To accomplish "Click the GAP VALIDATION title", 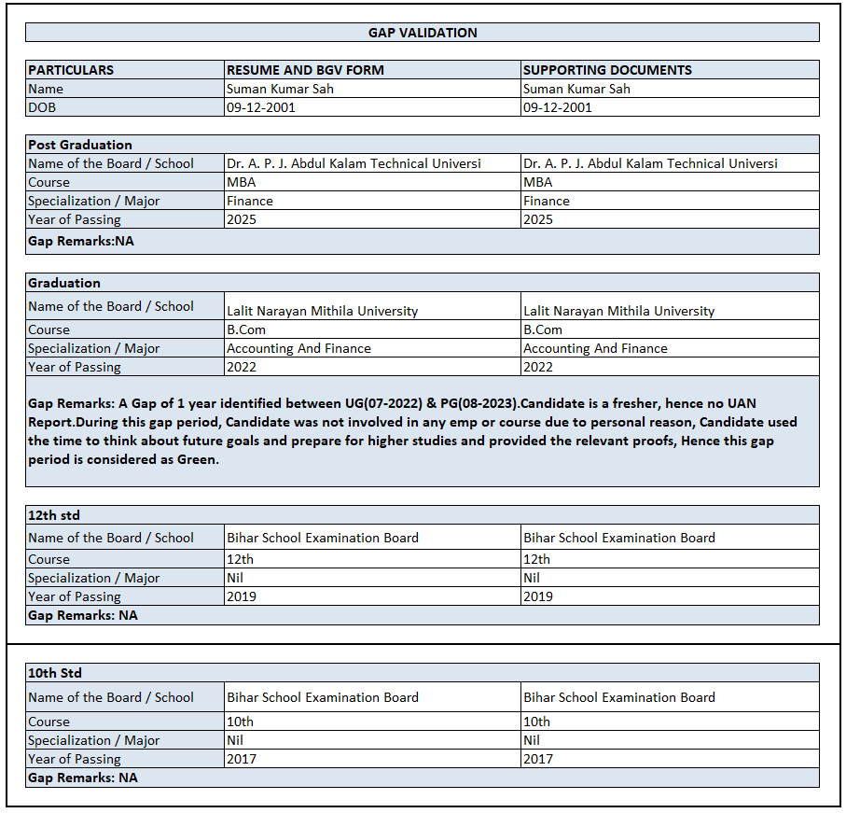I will point(423,33).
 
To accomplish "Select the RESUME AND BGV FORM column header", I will point(305,70).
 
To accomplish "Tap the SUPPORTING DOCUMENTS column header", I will point(607,70).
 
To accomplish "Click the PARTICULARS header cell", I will point(71,70).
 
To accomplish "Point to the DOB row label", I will point(42,107).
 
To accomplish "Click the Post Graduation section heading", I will point(80,145).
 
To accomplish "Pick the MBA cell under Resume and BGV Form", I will point(242,182).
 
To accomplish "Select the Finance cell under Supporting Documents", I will point(547,201).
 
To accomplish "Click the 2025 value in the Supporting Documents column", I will point(538,219).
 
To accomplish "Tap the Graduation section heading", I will point(64,283).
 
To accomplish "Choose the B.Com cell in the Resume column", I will point(246,329).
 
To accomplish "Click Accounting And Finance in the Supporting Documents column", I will point(595,348).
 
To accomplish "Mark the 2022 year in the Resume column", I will point(242,367).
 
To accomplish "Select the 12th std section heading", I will point(54,515).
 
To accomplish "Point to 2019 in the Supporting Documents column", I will point(538,596).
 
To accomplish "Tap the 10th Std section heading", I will point(55,673).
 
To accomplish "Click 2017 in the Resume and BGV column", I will point(242,759).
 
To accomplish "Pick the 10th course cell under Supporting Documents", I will point(537,722).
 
